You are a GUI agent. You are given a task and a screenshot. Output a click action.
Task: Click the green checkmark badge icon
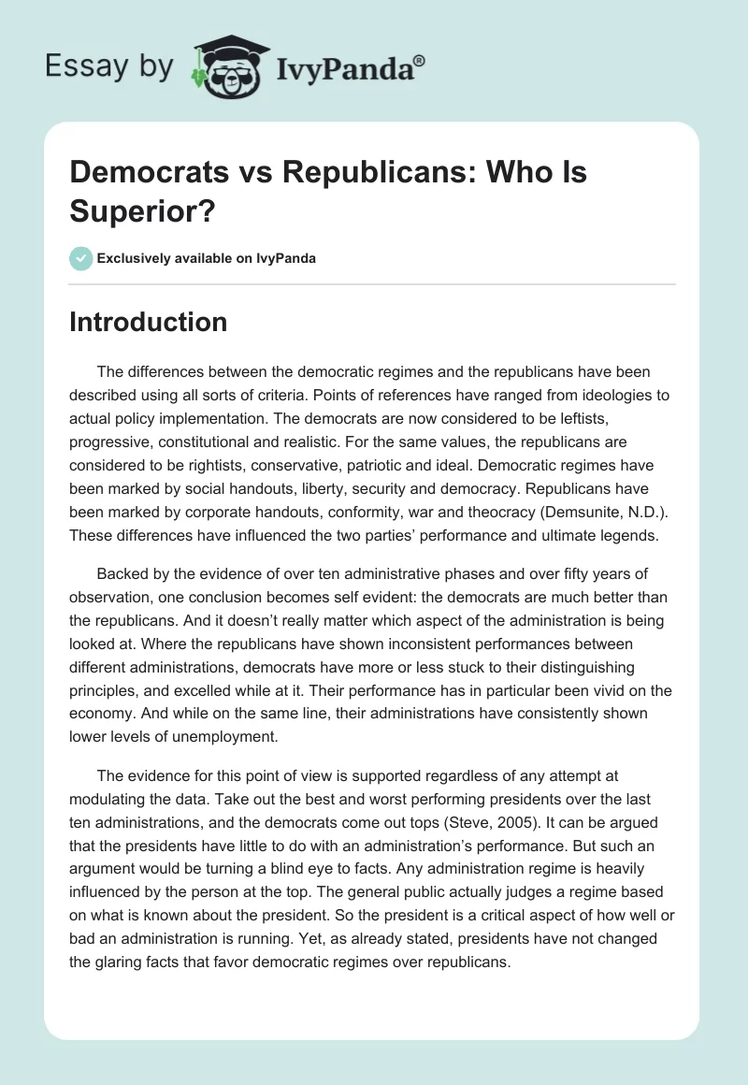point(79,258)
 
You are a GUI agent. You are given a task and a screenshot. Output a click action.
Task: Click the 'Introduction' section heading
point(148,322)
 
